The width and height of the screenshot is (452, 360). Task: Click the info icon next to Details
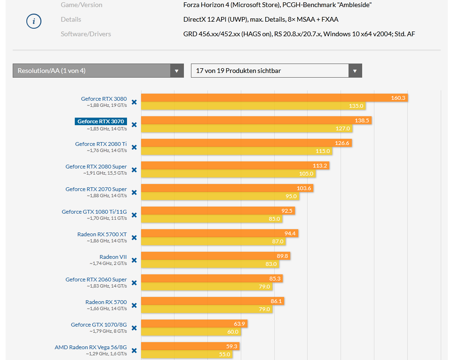34,21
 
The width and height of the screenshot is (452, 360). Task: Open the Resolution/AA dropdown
98,71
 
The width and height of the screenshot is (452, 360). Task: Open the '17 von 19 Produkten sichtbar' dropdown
276,71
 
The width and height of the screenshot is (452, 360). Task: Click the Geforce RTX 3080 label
103,99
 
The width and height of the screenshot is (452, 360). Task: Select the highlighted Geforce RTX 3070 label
101,121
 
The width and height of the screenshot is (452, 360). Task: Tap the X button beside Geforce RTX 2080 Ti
134,147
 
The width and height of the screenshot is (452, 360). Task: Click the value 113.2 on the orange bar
320,166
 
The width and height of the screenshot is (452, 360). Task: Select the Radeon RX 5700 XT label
102,234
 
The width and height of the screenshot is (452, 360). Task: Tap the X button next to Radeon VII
134,260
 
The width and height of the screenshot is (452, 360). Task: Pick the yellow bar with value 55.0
186,354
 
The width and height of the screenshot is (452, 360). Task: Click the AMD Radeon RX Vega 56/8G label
90,347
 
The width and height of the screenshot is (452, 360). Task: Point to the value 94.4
290,233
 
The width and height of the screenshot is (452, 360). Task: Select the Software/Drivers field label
86,34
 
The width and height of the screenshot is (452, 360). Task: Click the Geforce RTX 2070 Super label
96,189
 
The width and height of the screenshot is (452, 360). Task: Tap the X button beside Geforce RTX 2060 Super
134,283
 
